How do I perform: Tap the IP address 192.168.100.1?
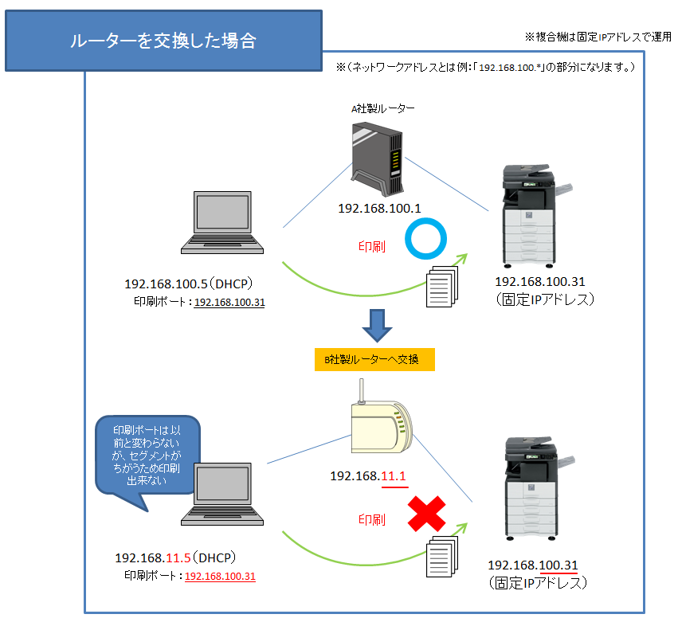point(379,209)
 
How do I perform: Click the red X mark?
point(427,514)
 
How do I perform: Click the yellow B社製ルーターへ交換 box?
point(374,359)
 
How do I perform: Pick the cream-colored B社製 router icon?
point(379,426)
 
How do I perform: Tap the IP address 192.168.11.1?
point(369,476)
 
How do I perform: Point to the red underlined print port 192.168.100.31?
point(220,576)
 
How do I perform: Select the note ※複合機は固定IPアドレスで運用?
point(598,37)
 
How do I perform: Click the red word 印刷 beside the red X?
point(372,520)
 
